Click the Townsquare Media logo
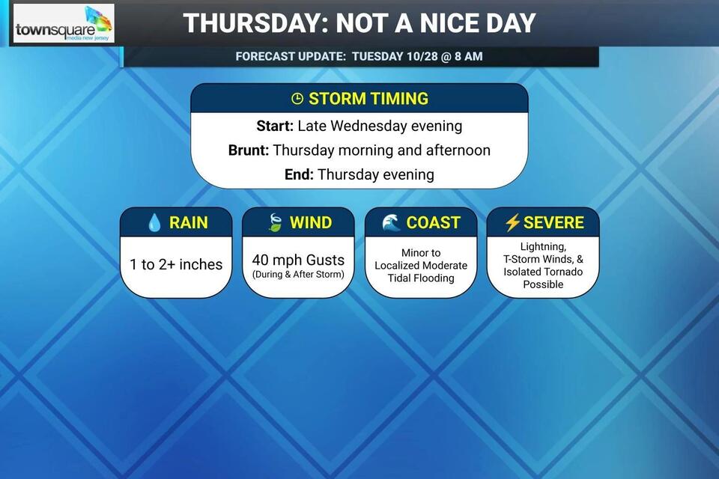(x=64, y=24)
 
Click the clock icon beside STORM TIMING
(x=297, y=99)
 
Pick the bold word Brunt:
(x=249, y=150)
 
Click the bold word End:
(x=299, y=174)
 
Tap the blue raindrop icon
(x=154, y=223)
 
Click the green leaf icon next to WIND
(x=275, y=223)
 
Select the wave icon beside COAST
(x=391, y=223)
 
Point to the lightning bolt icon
(x=512, y=223)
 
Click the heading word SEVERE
(x=553, y=223)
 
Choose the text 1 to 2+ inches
(x=176, y=264)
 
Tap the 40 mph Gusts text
(x=298, y=260)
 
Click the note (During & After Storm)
(x=298, y=274)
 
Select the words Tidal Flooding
(x=421, y=278)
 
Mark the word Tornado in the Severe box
(x=564, y=272)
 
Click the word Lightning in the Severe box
(x=543, y=246)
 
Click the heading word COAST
(x=433, y=223)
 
